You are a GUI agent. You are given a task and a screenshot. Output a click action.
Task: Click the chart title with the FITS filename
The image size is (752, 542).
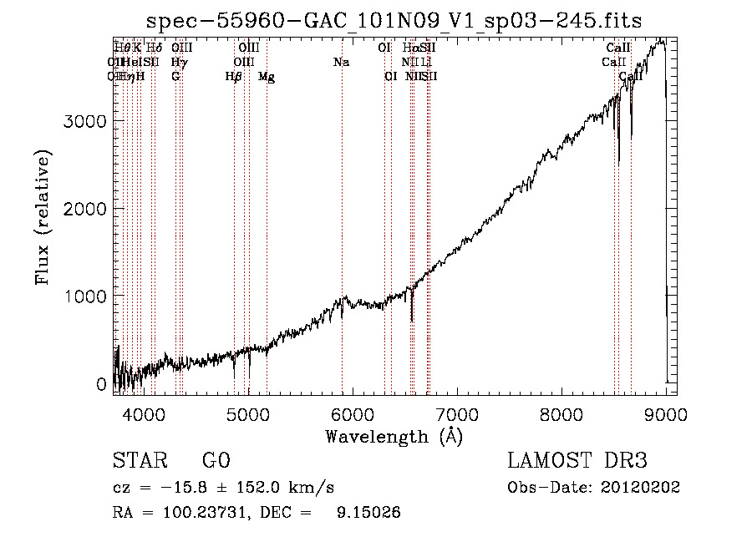click(x=394, y=22)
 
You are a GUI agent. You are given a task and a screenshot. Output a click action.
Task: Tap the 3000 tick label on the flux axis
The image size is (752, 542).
click(x=85, y=121)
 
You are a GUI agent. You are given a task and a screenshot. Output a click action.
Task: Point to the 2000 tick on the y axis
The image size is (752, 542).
click(x=85, y=209)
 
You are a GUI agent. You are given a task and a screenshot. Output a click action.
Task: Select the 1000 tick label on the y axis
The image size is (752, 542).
click(x=85, y=296)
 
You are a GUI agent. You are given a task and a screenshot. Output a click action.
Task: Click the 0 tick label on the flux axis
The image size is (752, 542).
click(x=101, y=384)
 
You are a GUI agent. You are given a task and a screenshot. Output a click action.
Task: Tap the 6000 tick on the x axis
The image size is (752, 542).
click(x=352, y=413)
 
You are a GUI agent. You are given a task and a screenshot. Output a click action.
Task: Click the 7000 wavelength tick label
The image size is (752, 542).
click(x=457, y=413)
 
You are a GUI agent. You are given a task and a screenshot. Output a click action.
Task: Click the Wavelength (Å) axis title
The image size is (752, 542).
click(x=394, y=436)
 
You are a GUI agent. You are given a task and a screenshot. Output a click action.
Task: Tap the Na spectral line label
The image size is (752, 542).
click(x=341, y=62)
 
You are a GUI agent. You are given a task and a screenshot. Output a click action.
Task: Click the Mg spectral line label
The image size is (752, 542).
click(x=267, y=77)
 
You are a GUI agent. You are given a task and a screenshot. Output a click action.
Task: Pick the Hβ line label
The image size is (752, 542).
click(x=234, y=77)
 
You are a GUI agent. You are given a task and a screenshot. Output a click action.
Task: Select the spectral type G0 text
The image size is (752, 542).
click(x=216, y=461)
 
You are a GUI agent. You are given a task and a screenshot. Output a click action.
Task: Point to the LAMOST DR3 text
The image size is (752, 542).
click(x=577, y=461)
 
